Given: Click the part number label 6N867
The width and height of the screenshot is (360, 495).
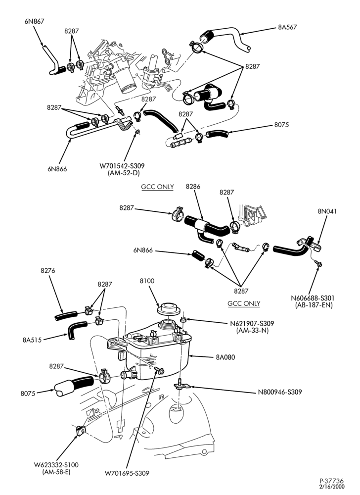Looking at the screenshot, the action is click(x=34, y=21).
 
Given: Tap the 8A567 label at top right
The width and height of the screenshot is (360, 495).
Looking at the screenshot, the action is click(x=287, y=27).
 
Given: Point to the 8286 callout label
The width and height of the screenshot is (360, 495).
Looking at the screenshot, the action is click(x=193, y=187).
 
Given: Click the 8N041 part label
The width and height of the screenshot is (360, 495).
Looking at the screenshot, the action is click(x=327, y=211).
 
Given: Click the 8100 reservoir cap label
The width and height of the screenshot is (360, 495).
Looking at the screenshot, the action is click(x=147, y=281).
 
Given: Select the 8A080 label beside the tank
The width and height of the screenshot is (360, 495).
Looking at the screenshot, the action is click(x=225, y=357).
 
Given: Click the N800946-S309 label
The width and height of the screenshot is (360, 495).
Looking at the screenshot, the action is click(x=280, y=392).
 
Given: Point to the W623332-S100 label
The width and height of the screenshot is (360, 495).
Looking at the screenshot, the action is click(x=56, y=465).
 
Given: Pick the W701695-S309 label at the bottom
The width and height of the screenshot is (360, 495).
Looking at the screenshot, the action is click(x=127, y=473).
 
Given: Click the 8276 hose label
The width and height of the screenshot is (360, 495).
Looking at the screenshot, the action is click(x=48, y=271).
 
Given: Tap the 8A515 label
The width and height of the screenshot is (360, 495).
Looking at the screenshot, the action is click(x=32, y=341).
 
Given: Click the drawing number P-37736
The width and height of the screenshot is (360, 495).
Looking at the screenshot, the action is click(x=332, y=481).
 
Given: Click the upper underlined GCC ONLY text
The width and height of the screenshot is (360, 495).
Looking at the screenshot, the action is click(x=157, y=187).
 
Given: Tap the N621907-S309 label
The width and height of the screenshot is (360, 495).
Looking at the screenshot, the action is click(x=252, y=324).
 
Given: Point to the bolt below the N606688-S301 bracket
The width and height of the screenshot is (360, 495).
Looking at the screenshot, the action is click(x=319, y=263).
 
